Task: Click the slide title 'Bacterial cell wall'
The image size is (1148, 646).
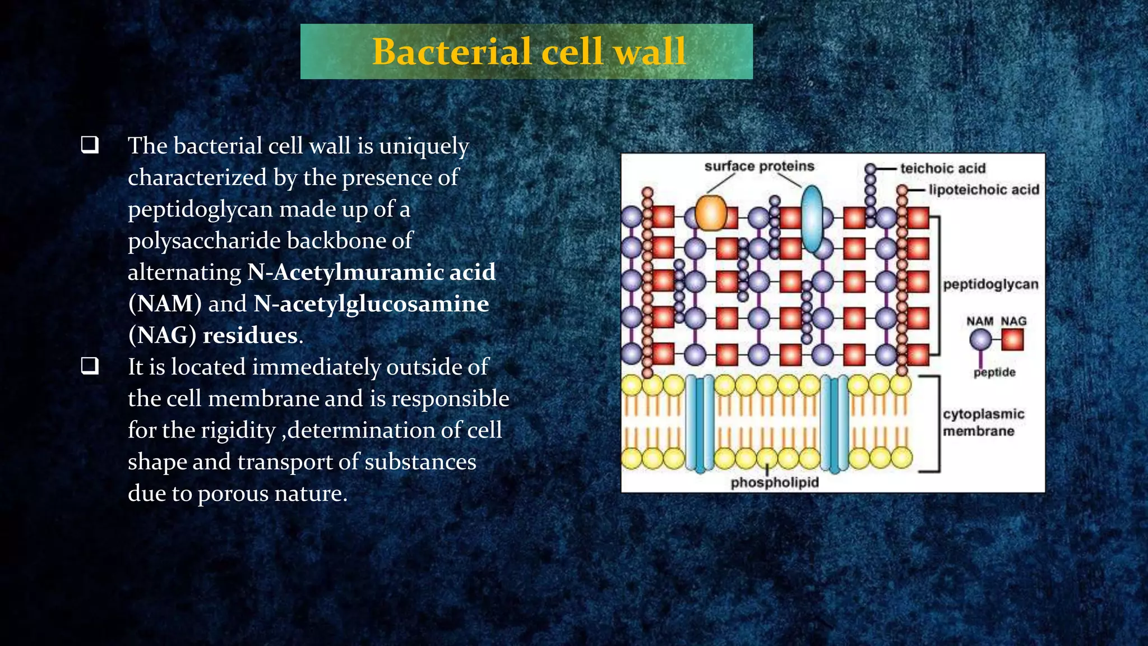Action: click(x=529, y=52)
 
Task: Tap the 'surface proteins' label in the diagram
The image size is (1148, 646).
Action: click(x=759, y=167)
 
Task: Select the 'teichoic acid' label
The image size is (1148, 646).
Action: click(x=942, y=169)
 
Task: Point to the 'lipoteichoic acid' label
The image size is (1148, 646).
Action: click(x=983, y=190)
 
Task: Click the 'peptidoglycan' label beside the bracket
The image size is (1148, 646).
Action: click(x=990, y=284)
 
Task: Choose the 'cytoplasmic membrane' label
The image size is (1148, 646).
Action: click(x=983, y=422)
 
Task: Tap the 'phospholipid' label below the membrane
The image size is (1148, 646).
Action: click(x=774, y=482)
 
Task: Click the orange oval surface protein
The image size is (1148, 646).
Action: click(x=711, y=213)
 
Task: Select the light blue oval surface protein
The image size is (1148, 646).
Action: click(x=812, y=219)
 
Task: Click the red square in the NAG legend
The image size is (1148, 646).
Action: click(x=1012, y=340)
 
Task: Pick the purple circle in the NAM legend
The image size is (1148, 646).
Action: click(x=980, y=340)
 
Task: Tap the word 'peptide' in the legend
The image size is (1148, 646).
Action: click(x=994, y=372)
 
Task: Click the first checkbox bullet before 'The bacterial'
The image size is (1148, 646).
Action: click(x=90, y=145)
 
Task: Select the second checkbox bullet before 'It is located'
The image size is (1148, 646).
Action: click(x=90, y=366)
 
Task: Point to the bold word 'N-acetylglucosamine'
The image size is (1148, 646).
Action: click(x=371, y=304)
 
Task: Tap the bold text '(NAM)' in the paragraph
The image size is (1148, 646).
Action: click(x=165, y=304)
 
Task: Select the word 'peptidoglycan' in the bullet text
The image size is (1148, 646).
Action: click(x=200, y=209)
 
